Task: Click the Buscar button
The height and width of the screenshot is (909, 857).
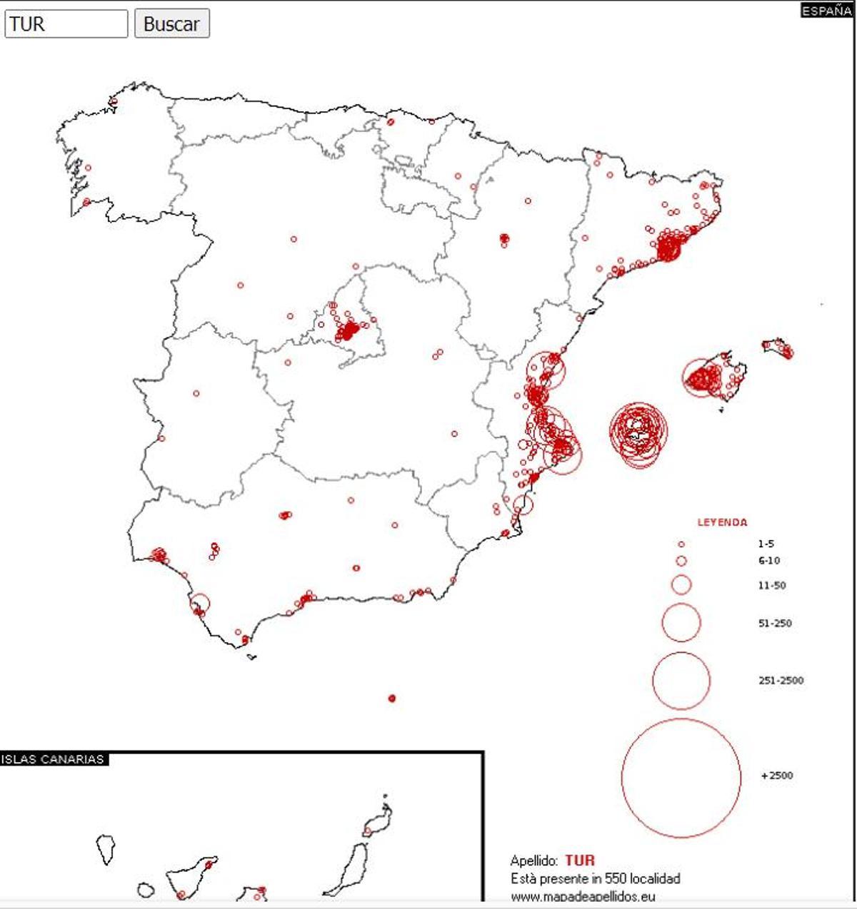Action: coord(171,24)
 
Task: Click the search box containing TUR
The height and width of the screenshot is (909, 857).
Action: coord(66,24)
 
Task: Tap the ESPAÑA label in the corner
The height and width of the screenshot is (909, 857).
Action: coord(826,11)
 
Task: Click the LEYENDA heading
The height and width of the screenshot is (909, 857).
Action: coord(722,522)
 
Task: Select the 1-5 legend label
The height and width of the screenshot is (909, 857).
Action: coord(766,544)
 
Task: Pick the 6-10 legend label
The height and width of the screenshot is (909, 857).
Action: coord(768,561)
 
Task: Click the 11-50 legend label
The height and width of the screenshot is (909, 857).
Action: coord(771,586)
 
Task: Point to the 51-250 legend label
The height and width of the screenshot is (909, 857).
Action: coord(775,623)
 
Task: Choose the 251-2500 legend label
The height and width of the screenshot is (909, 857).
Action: coord(781,681)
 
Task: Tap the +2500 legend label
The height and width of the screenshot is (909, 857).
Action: coord(777,776)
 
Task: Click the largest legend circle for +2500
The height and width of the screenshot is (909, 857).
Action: coord(681,778)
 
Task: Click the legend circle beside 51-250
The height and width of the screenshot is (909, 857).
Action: coord(681,623)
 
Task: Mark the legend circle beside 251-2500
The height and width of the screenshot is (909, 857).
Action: coord(681,681)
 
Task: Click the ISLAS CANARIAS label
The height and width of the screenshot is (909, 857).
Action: coord(53,759)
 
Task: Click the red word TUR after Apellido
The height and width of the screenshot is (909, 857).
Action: coord(579,860)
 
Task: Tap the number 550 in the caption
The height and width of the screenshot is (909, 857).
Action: coord(615,878)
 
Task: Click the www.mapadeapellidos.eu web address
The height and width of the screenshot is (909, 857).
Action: coord(583,896)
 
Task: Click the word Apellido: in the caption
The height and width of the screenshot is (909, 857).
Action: coord(534,861)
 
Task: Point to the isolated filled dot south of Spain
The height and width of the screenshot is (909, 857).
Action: coord(391,698)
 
